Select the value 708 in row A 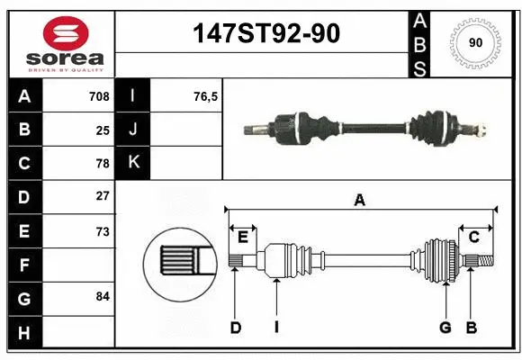click(x=99, y=96)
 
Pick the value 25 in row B click(x=103, y=130)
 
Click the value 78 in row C click(x=103, y=163)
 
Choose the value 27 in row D click(x=103, y=196)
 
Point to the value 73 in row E click(x=103, y=231)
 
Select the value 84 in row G click(x=103, y=296)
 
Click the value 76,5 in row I click(x=181, y=96)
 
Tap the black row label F click(x=23, y=265)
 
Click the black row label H click(x=23, y=333)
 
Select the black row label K click(x=133, y=163)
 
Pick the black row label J click(x=133, y=130)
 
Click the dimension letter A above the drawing click(x=359, y=200)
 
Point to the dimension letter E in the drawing click(x=242, y=236)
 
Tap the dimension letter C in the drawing click(x=473, y=236)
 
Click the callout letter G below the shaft click(x=445, y=328)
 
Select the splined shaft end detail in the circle click(x=181, y=262)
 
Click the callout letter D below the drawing click(x=235, y=328)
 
